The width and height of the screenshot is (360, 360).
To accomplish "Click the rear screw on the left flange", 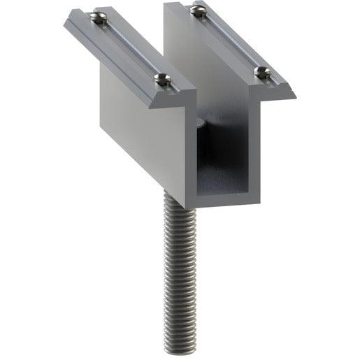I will (x=99, y=18).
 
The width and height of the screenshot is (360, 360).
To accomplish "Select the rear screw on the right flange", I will (x=198, y=10).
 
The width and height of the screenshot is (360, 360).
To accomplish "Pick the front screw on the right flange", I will (x=261, y=71).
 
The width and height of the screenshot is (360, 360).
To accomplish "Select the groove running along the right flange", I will (x=231, y=41).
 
